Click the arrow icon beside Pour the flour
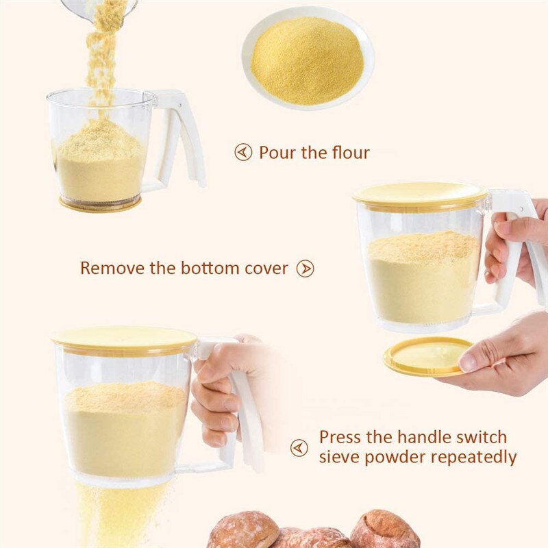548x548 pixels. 243,152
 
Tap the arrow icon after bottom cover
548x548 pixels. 305,269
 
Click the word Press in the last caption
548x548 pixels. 341,437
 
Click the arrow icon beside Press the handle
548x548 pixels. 299,448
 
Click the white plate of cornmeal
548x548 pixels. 308,59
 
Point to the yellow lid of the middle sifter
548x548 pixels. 419,194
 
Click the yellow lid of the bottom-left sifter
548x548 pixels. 123,337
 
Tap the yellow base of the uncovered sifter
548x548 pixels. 100,203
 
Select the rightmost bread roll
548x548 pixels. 384,530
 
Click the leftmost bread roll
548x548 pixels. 243,530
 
